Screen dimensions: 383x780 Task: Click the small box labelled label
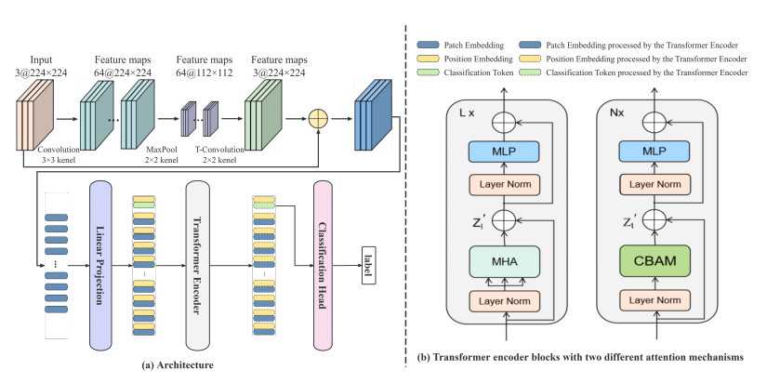tap(368, 258)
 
